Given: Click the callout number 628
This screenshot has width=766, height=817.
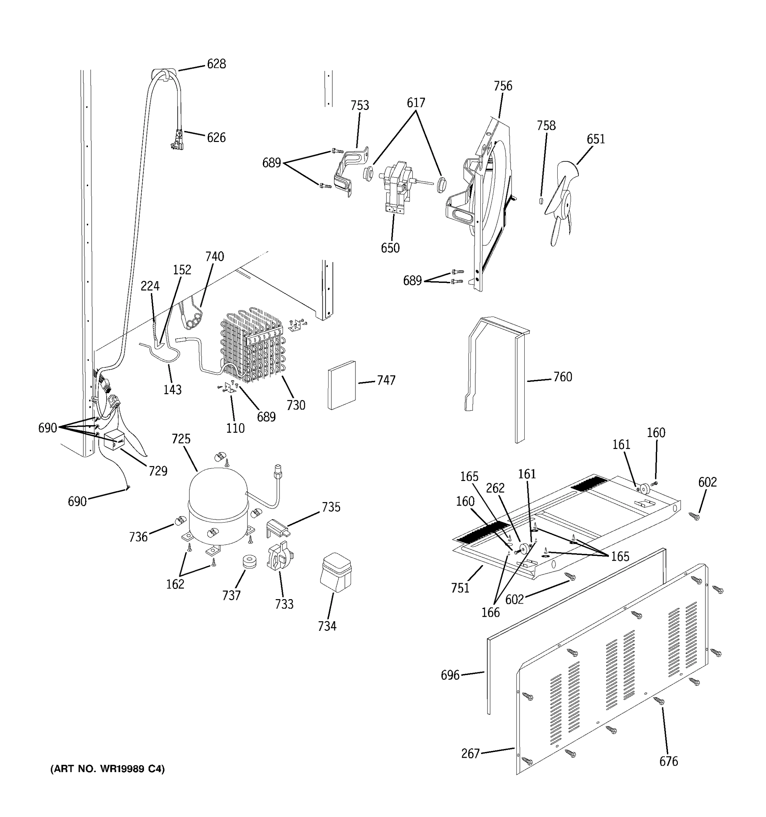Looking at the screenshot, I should click(x=216, y=64).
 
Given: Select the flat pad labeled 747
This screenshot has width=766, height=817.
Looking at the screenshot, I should click(x=341, y=385).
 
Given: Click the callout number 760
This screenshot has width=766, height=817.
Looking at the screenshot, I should click(x=562, y=377).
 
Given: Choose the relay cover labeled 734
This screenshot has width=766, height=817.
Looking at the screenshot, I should click(x=336, y=572).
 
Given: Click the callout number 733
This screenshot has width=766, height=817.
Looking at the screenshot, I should click(x=284, y=604).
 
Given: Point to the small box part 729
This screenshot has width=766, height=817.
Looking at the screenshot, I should click(x=115, y=442).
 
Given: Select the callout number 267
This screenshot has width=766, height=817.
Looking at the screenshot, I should click(x=470, y=753).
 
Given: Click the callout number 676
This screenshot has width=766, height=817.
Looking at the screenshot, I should click(x=669, y=761).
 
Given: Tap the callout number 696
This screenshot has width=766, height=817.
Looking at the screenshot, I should click(x=450, y=675).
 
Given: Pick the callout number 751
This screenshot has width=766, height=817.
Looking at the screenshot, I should click(x=460, y=588).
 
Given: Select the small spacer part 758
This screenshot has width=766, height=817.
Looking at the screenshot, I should click(x=541, y=200).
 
